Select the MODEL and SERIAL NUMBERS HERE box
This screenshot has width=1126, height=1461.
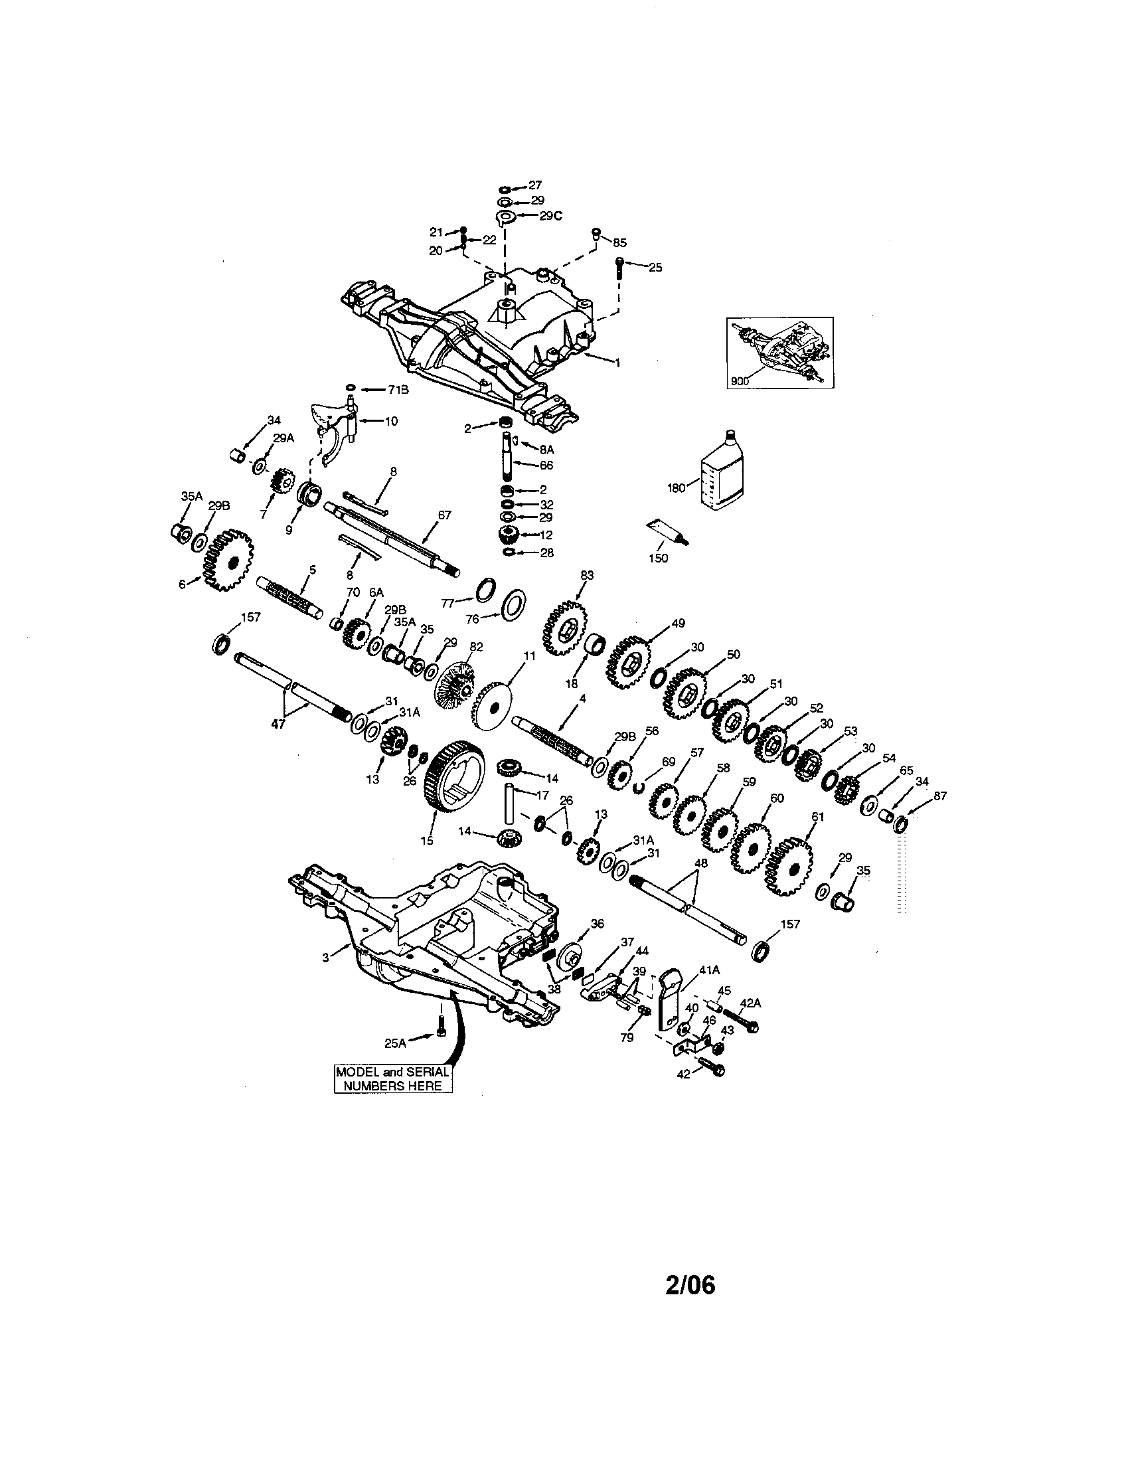[x=392, y=1078]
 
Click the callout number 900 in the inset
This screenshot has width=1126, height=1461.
[x=740, y=381]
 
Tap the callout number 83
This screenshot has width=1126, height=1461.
[x=587, y=575]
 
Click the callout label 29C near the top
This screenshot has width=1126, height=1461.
[x=551, y=215]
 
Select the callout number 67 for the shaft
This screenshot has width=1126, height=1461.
[x=444, y=515]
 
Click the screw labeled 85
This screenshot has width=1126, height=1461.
[x=596, y=234]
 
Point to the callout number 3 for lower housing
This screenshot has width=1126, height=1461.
[x=325, y=957]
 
